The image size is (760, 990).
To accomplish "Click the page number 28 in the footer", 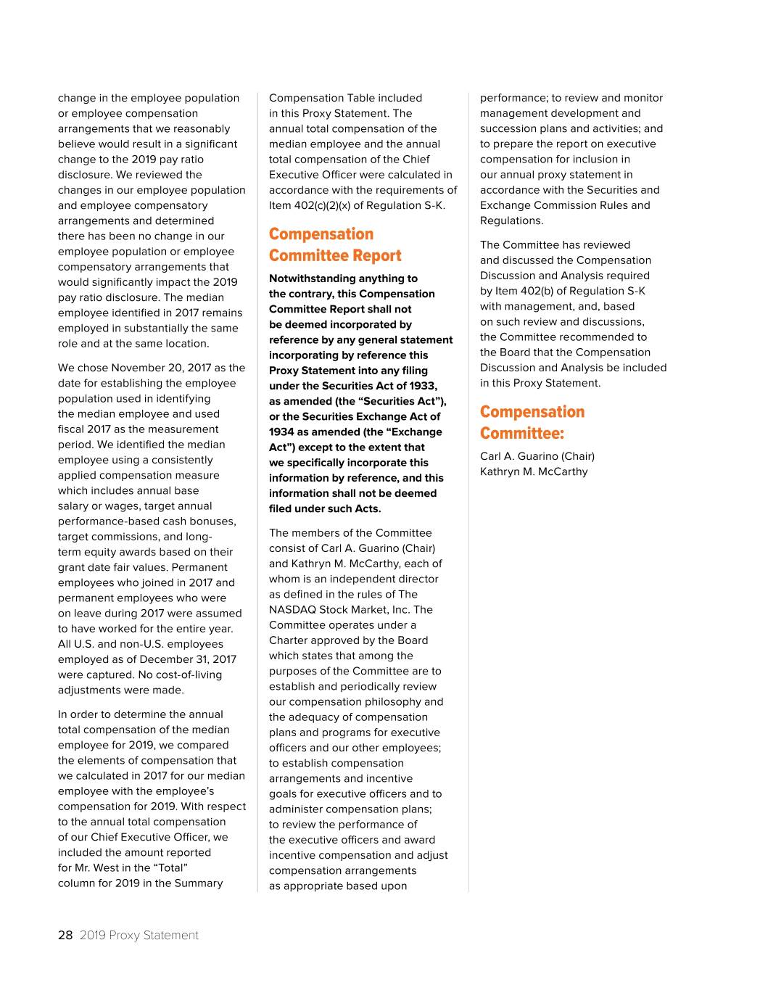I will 65,935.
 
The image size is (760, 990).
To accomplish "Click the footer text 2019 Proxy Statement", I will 139,935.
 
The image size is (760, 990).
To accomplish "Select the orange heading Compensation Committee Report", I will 334,244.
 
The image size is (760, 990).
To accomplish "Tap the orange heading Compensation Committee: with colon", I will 532,422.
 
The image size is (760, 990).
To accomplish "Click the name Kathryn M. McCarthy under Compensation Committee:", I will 533,471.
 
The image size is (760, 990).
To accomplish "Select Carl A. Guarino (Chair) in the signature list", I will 537,456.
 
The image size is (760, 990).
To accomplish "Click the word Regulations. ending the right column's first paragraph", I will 511,220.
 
